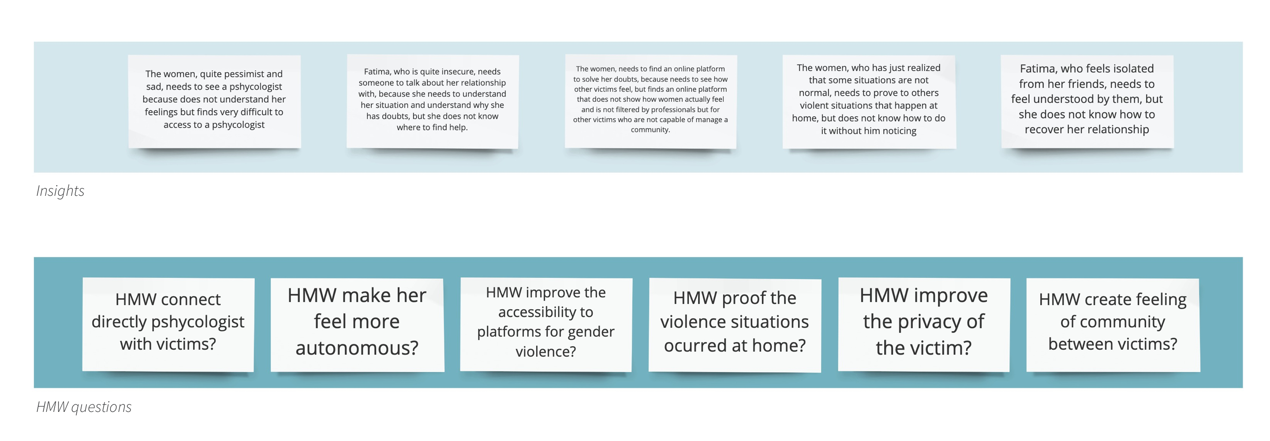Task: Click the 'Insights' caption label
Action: [60, 191]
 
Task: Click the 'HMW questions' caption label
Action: [84, 407]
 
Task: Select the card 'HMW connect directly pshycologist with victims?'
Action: [168, 324]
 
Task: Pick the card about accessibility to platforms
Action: [546, 324]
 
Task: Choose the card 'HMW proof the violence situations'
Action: [735, 324]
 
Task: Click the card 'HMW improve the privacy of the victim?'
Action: [924, 324]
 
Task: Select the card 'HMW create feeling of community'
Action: [1113, 324]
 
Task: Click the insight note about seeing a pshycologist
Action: [214, 101]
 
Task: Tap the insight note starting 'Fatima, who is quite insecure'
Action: [432, 101]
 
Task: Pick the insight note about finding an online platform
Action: [651, 101]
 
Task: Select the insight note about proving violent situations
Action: [869, 101]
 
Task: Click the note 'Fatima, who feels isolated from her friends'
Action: [1087, 101]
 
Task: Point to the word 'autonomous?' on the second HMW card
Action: [357, 348]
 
